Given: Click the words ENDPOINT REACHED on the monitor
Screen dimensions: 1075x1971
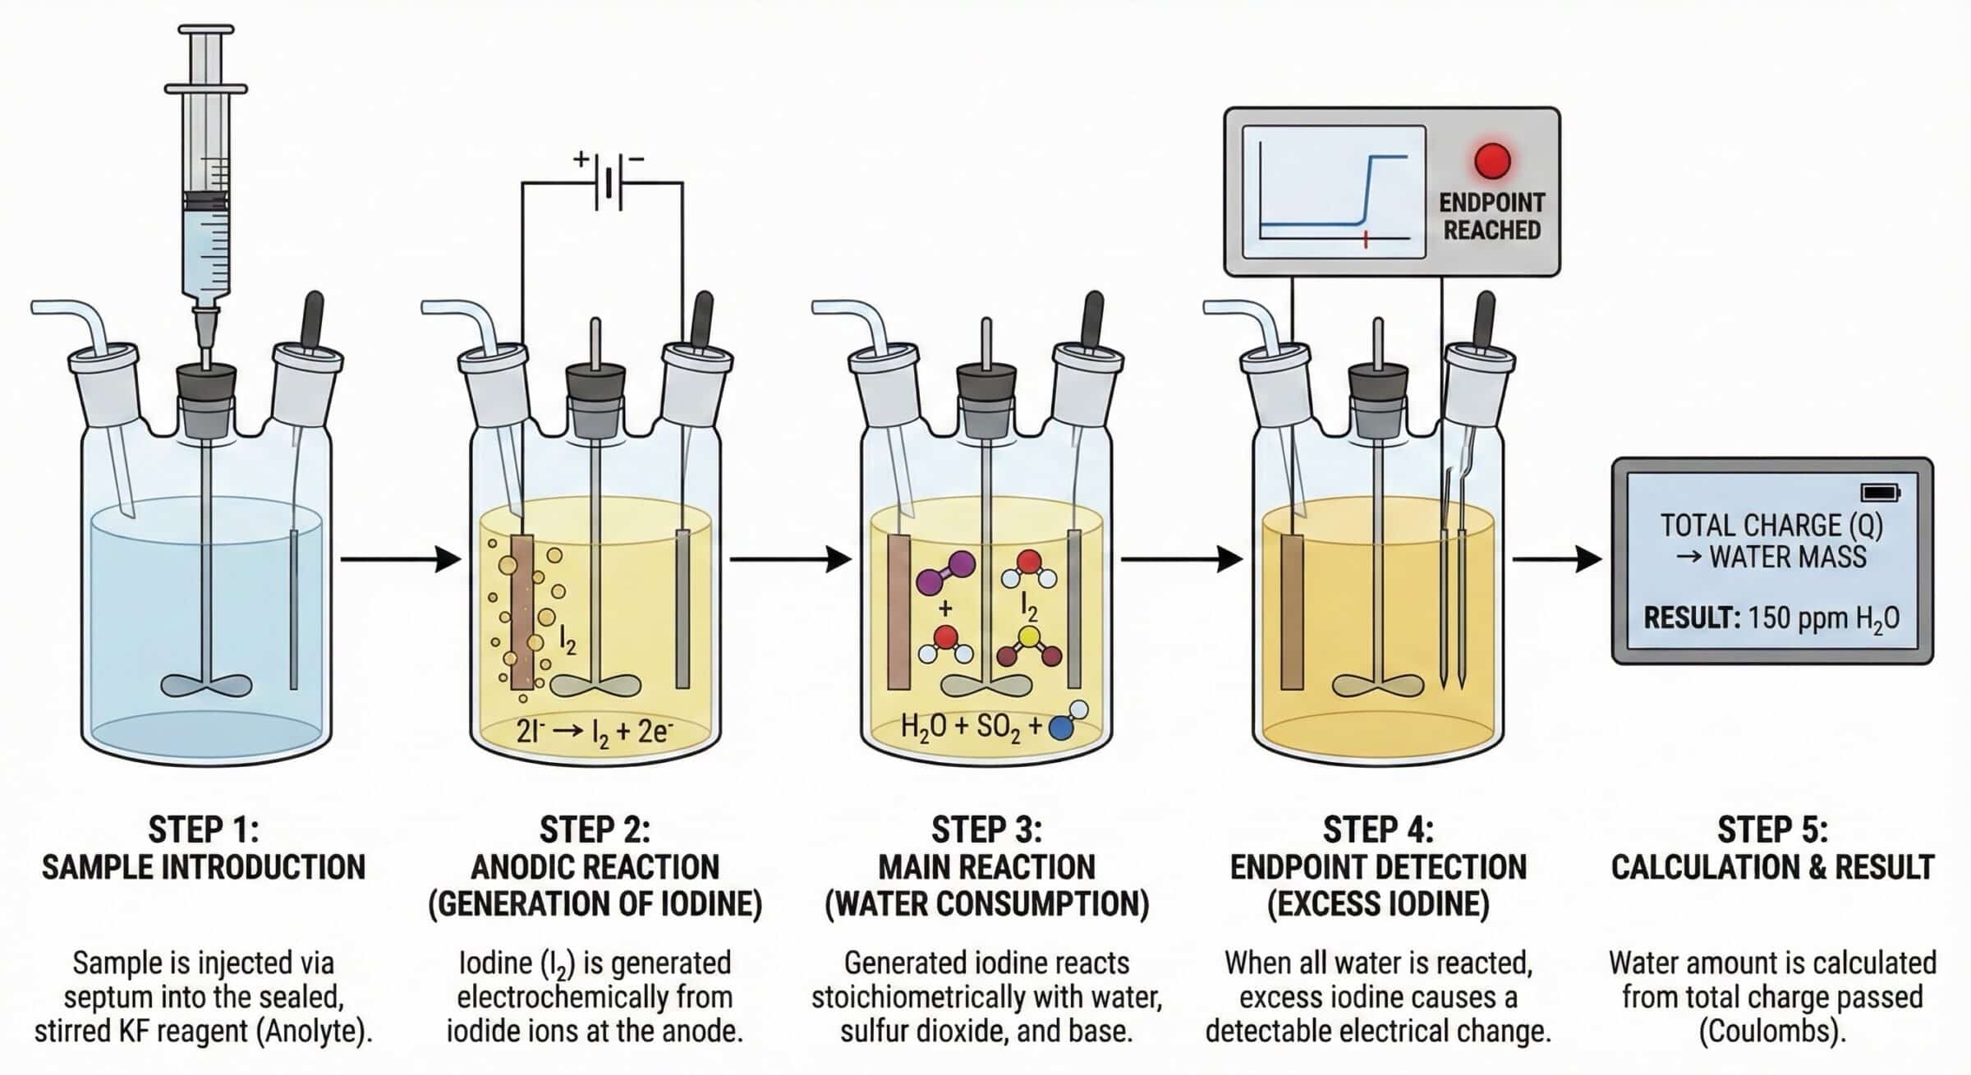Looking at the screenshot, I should click(x=1491, y=216).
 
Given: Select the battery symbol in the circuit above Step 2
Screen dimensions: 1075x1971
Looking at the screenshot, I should click(x=608, y=182).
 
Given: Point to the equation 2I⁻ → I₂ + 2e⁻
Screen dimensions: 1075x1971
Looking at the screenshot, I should click(x=595, y=730).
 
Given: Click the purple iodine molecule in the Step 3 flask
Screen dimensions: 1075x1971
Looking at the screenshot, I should click(x=945, y=572).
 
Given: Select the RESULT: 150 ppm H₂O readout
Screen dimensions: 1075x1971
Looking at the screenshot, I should click(x=1771, y=618).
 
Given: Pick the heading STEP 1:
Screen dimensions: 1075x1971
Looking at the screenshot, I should click(x=203, y=829).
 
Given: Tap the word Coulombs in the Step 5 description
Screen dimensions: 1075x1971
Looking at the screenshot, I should click(x=1772, y=1031).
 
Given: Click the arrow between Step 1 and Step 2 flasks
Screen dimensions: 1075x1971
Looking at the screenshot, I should click(x=401, y=559).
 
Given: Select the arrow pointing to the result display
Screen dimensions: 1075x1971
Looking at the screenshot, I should click(x=1556, y=559).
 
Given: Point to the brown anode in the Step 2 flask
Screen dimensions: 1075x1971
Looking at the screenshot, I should click(x=522, y=612).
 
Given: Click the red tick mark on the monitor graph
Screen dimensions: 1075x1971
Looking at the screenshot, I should click(x=1365, y=239).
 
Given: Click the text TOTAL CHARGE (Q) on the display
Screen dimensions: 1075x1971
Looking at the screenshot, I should click(x=1771, y=526).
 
